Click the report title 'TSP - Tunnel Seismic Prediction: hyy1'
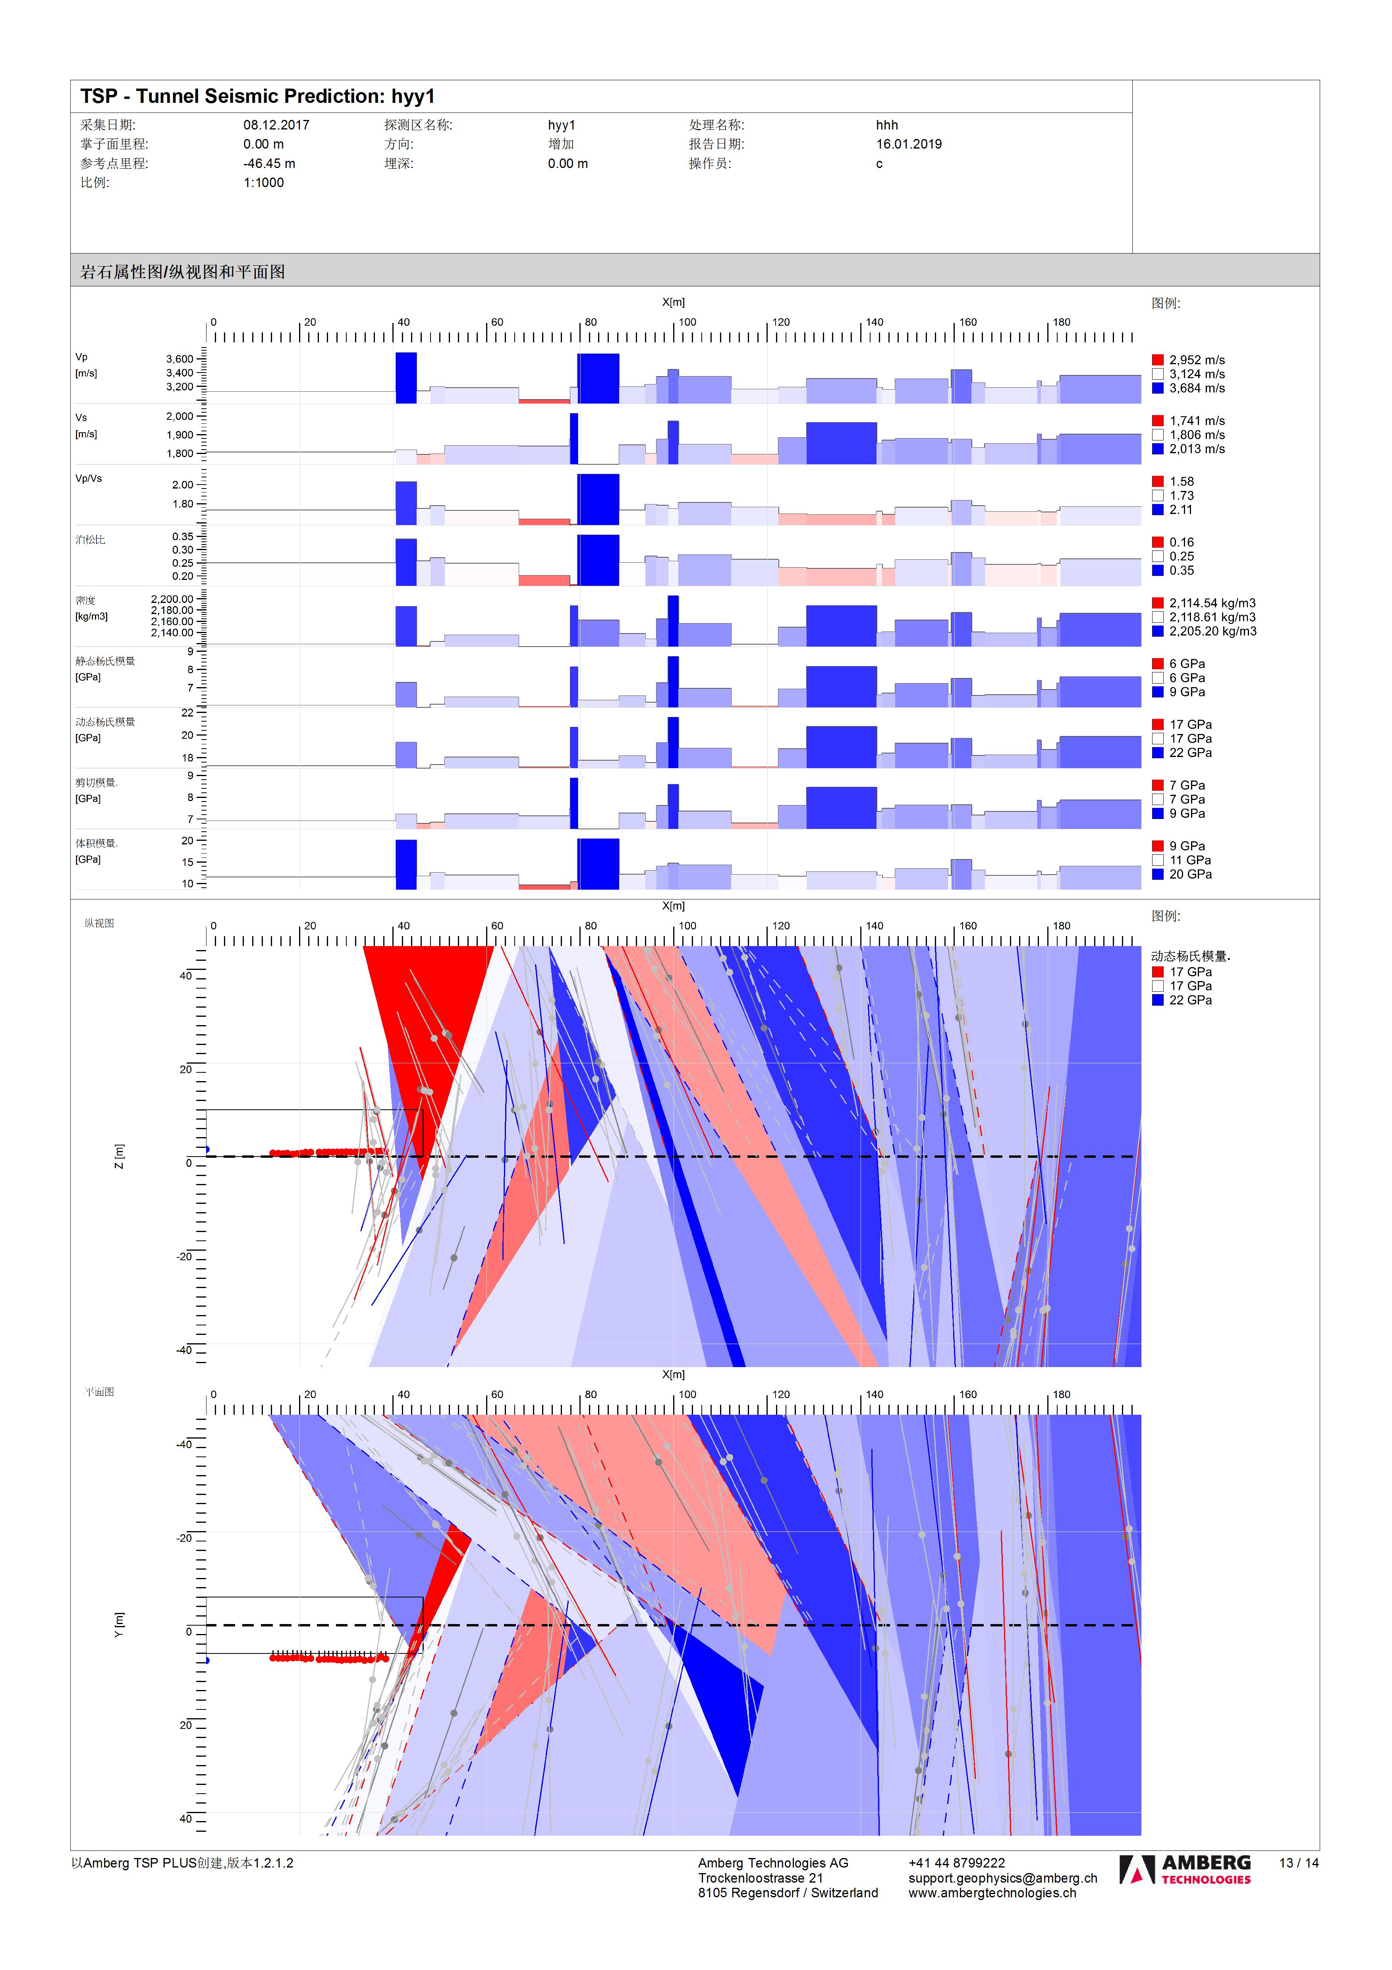[257, 96]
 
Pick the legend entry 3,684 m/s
[1196, 389]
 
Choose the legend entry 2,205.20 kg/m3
[1212, 632]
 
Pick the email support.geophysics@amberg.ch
[1002, 1878]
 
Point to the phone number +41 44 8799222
[956, 1863]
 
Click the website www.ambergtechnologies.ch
[992, 1893]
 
